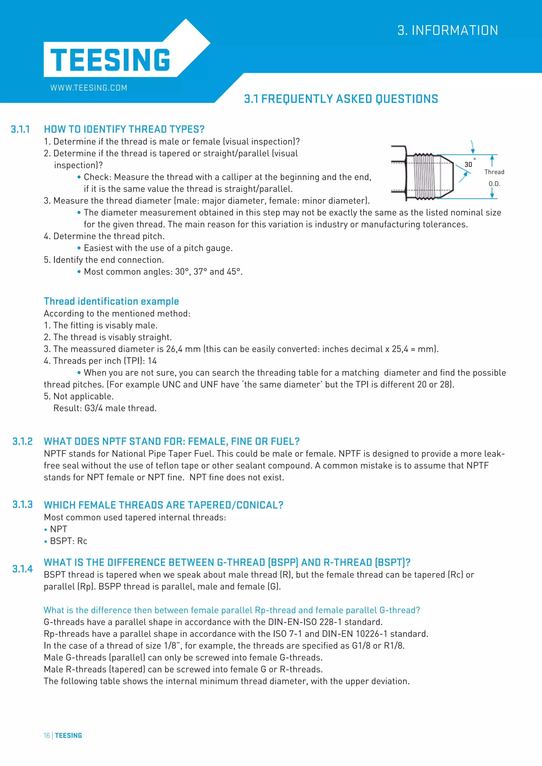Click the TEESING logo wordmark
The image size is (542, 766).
click(110, 60)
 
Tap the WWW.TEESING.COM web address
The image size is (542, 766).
click(89, 88)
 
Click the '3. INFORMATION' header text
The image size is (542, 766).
click(448, 30)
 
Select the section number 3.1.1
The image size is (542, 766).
click(20, 129)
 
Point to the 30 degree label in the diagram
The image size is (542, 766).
click(468, 165)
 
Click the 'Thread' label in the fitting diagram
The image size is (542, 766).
click(494, 172)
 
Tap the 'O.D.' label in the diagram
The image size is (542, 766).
click(494, 184)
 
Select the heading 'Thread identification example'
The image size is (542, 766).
click(111, 301)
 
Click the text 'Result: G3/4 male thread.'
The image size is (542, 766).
click(105, 408)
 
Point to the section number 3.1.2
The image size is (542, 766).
click(22, 441)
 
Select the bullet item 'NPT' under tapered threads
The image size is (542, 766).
click(58, 529)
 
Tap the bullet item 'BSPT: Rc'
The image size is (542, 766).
click(69, 541)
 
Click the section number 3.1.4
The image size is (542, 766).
click(22, 569)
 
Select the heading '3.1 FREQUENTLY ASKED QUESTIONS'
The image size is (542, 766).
click(341, 99)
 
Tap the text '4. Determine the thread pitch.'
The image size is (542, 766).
click(104, 236)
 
